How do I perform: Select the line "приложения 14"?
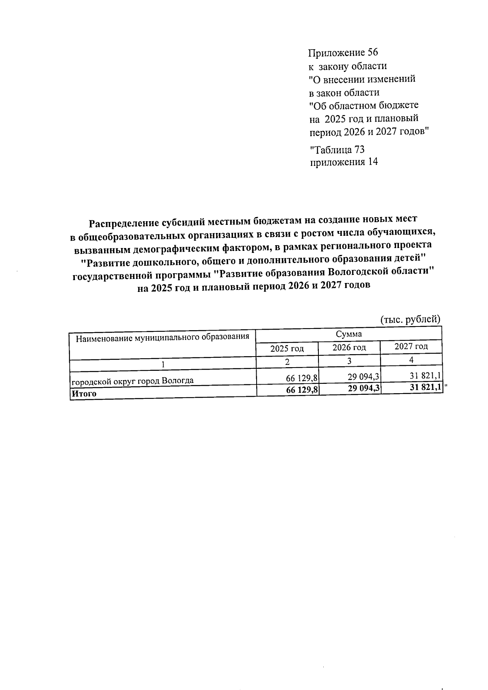pos(344,162)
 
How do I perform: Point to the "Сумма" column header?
pos(349,334)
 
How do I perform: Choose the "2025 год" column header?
pos(287,348)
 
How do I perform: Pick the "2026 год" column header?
pos(349,348)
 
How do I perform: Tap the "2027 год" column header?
pos(411,346)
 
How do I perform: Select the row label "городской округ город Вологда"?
pos(133,381)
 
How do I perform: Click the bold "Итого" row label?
pos(84,394)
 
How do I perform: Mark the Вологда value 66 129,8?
pos(302,379)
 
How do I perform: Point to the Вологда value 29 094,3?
pos(364,378)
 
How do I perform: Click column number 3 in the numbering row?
pos(349,361)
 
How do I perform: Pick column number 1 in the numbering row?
pos(163,364)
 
